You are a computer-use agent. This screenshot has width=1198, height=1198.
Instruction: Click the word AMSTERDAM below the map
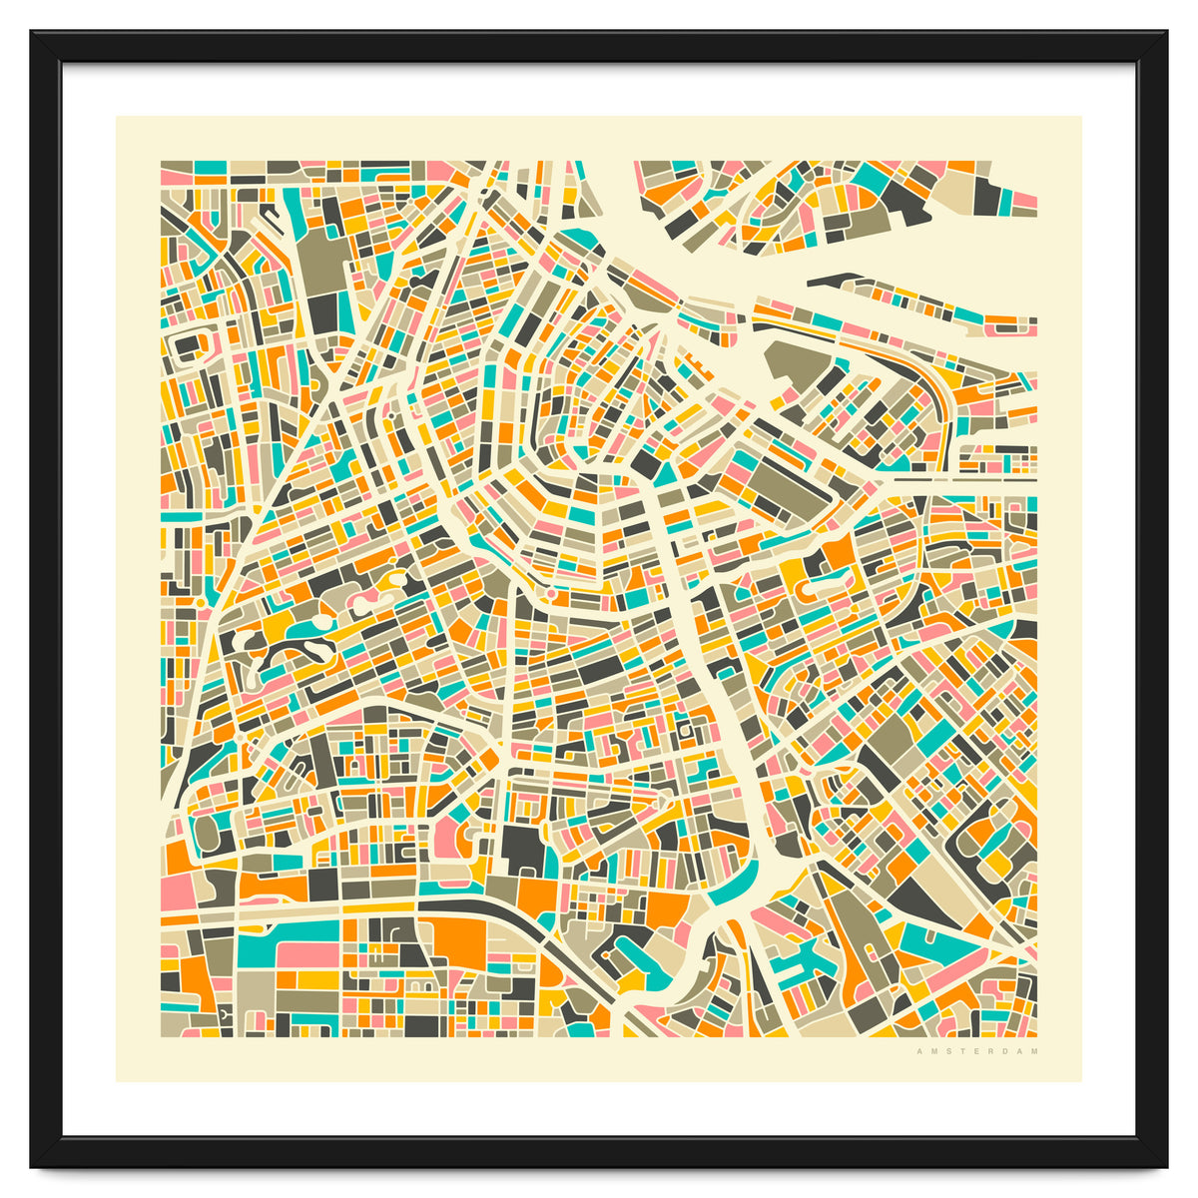pos(977,1051)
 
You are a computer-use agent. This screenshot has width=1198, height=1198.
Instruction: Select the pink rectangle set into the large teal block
pos(307,954)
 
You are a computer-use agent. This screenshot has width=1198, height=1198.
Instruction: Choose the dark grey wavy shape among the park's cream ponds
pos(291,655)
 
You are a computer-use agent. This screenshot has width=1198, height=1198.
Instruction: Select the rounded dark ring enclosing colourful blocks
pos(988,849)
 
